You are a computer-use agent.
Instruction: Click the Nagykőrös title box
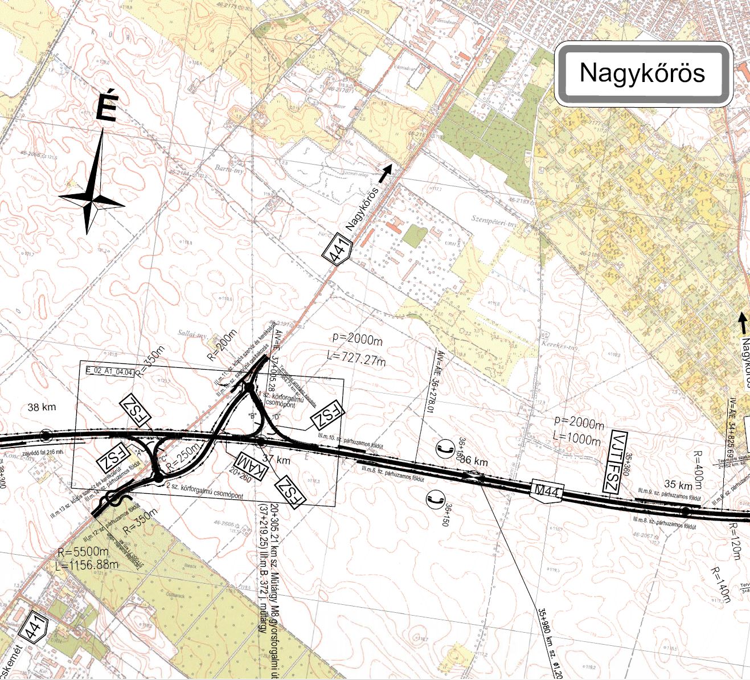tap(642, 73)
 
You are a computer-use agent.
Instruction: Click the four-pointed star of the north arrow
tap(91, 201)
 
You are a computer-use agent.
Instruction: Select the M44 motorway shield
tap(546, 490)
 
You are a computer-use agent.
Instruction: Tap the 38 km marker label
tap(42, 408)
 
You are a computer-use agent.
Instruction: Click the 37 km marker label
tap(279, 460)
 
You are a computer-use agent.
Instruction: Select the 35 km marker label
tap(678, 485)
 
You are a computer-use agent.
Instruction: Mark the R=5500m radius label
tap(83, 552)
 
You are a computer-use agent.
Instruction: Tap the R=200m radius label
tap(222, 346)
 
